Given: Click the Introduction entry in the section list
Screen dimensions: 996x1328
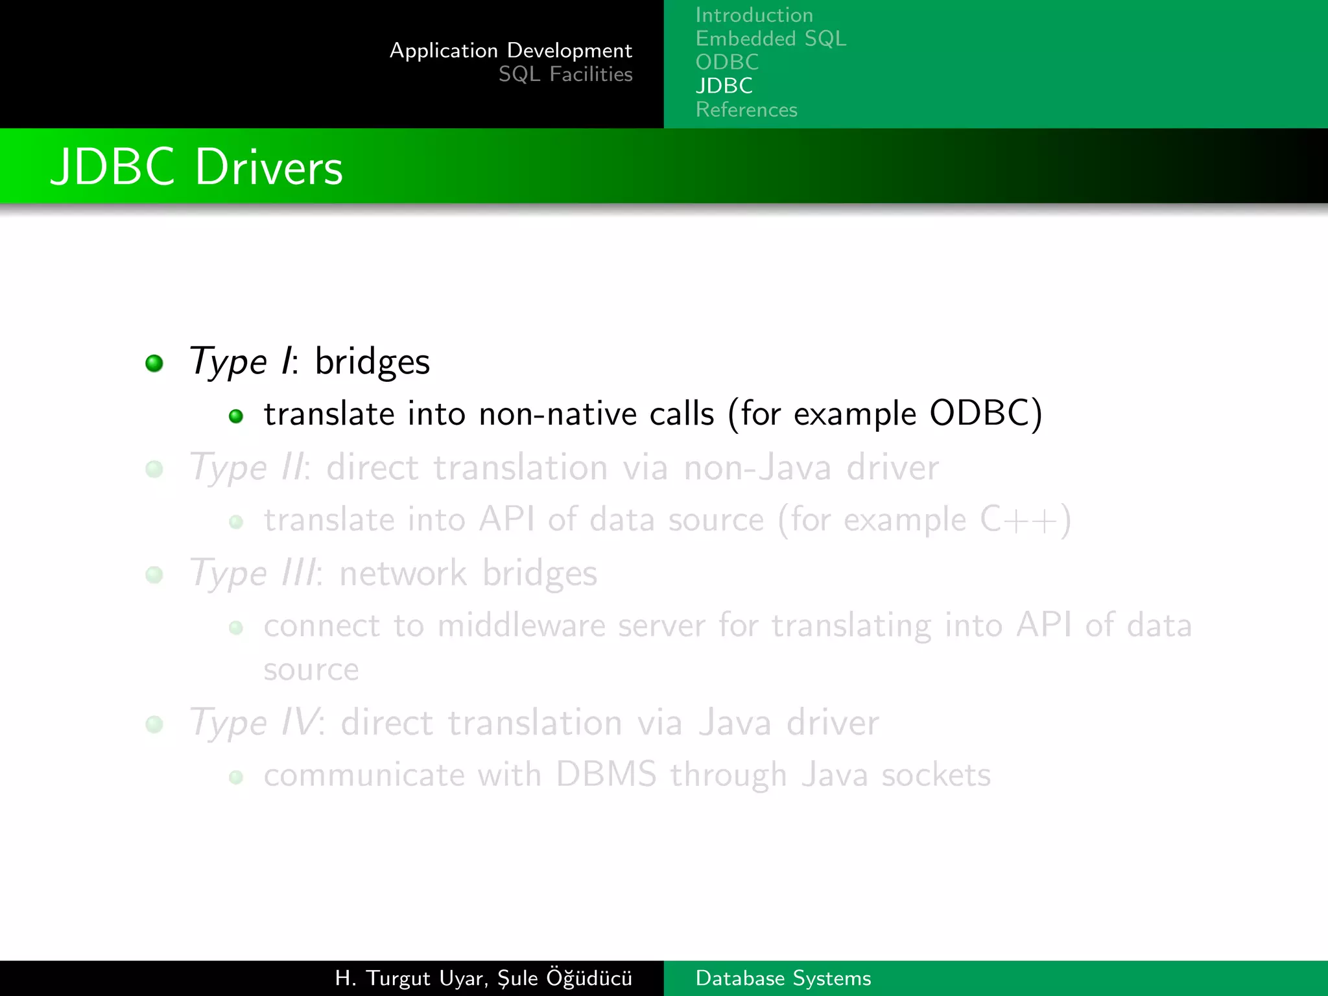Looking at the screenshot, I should point(753,15).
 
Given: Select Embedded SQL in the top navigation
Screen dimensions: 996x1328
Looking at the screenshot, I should point(770,39).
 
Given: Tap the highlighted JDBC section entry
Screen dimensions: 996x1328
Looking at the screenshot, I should point(724,86).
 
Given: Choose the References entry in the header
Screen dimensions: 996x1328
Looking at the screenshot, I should point(746,110).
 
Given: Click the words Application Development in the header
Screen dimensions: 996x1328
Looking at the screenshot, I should point(510,51).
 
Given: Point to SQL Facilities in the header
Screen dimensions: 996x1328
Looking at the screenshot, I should point(565,75).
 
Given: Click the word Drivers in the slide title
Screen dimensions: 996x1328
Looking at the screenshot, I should point(268,167).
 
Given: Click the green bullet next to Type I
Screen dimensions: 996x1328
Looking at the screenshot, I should point(154,363).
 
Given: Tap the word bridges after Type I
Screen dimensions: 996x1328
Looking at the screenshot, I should point(372,362).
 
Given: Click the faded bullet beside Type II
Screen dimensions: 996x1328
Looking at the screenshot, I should point(154,469).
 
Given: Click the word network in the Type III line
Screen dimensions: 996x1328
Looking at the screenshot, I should point(402,573).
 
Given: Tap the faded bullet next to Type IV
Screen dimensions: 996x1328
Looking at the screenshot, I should point(154,724).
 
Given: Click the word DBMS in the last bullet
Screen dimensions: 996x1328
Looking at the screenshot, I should point(606,775).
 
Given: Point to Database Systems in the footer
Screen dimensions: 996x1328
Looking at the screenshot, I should point(783,978).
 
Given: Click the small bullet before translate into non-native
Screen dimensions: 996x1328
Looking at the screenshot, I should point(236,416).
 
